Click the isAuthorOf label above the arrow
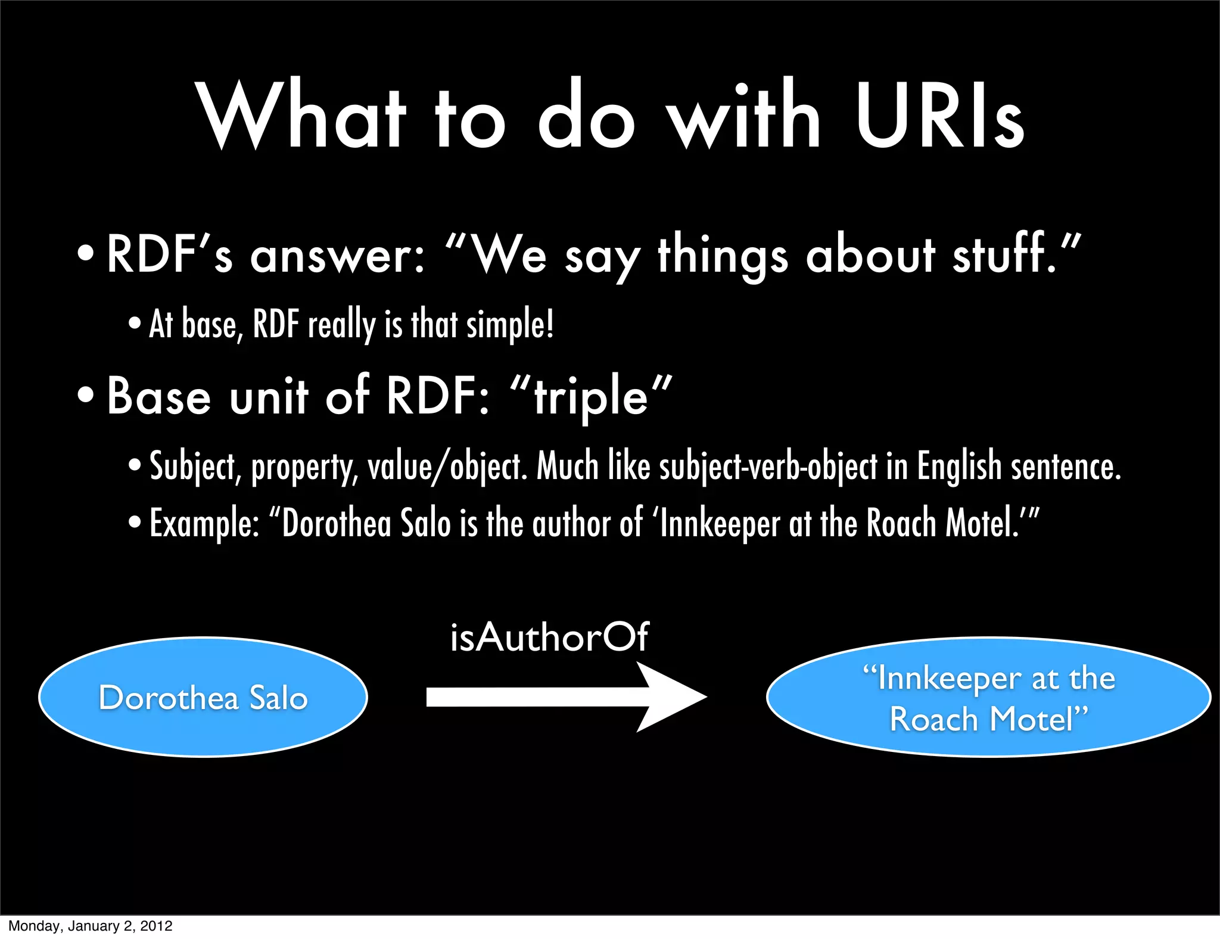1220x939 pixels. tap(549, 637)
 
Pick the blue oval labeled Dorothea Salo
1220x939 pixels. tap(203, 697)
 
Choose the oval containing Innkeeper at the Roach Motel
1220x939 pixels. tap(988, 697)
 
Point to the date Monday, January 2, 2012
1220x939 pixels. tap(91, 926)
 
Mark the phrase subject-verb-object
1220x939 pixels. tap(768, 467)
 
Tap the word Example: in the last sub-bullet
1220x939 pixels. tap(204, 524)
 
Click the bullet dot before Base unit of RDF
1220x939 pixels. tap(86, 395)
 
